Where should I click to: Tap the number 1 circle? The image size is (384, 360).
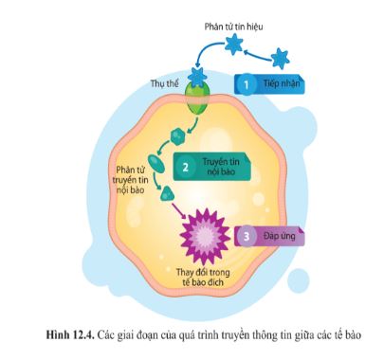pyautogui.click(x=245, y=84)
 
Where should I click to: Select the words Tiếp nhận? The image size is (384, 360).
pyautogui.click(x=283, y=84)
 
